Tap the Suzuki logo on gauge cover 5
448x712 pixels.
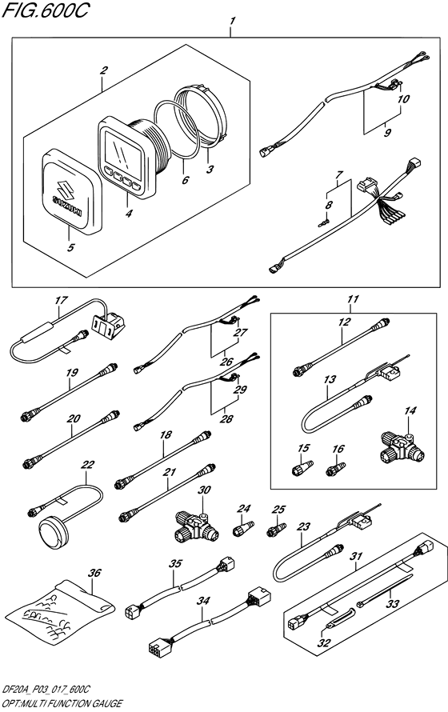68,193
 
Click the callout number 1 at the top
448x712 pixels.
231,19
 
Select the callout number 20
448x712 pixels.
72,418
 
